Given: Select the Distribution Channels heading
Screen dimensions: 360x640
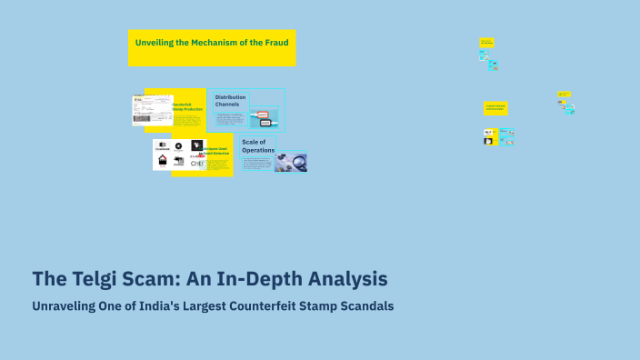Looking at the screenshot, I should (x=228, y=100).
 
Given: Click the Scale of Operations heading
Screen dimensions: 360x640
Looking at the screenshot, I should (x=254, y=145).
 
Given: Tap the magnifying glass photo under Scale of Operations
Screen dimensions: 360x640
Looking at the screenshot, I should (x=291, y=162).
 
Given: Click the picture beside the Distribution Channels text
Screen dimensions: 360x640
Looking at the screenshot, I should (x=264, y=117).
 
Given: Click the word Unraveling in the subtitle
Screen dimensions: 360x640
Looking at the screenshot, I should (x=69, y=306).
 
